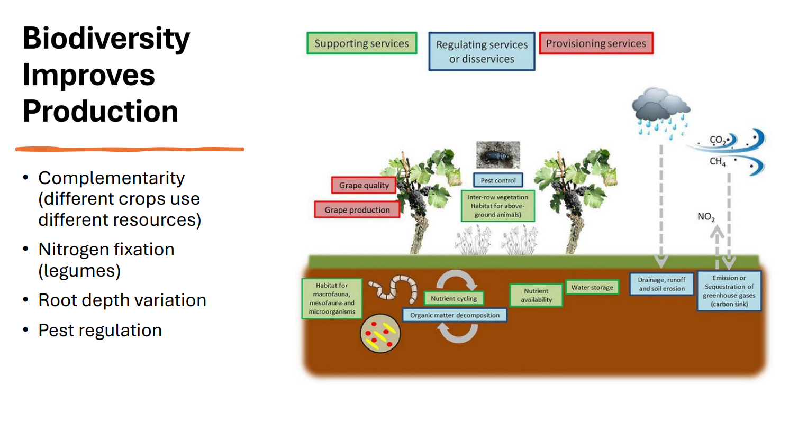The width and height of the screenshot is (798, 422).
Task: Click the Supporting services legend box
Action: pos(361,43)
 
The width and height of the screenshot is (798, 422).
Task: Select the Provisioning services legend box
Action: pos(596,43)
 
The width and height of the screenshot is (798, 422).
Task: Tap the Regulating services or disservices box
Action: pos(482,51)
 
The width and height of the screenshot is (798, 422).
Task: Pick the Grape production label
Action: pos(357,209)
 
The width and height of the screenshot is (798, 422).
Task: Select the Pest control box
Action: pos(498,180)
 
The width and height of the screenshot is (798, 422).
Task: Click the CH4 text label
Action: pos(718,162)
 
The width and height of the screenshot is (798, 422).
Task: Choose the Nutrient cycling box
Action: pos(454,298)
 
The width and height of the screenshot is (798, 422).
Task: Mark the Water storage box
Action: pos(592,287)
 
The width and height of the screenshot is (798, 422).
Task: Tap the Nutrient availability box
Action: pos(536,295)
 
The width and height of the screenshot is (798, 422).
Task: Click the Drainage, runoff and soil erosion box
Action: pos(661,284)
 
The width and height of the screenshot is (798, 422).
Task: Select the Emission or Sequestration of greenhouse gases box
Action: pos(729,290)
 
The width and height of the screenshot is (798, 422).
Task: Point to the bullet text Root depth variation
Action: pos(122,300)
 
